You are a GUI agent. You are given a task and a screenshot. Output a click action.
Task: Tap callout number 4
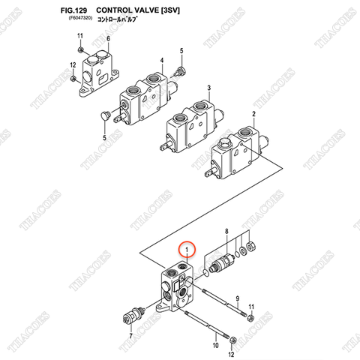coord(160,60)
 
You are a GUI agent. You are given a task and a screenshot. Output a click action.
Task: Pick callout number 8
coord(226,234)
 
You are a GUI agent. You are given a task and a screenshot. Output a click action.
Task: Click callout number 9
coord(238,298)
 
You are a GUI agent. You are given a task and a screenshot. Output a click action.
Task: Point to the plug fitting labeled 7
coord(135,313)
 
